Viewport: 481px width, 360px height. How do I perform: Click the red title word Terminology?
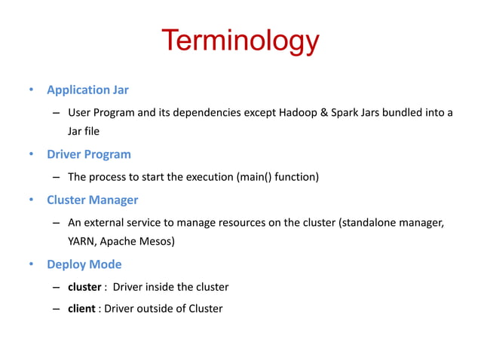240,42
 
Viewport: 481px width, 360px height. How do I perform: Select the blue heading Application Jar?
87,90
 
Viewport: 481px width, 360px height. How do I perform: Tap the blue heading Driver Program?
89,154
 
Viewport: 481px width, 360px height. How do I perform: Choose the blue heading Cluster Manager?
92,200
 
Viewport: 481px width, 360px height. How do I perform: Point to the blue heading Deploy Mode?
84,264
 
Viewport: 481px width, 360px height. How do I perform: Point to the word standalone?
370,224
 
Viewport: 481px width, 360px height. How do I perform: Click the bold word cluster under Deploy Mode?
85,287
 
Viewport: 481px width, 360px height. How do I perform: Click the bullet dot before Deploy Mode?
31,265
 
